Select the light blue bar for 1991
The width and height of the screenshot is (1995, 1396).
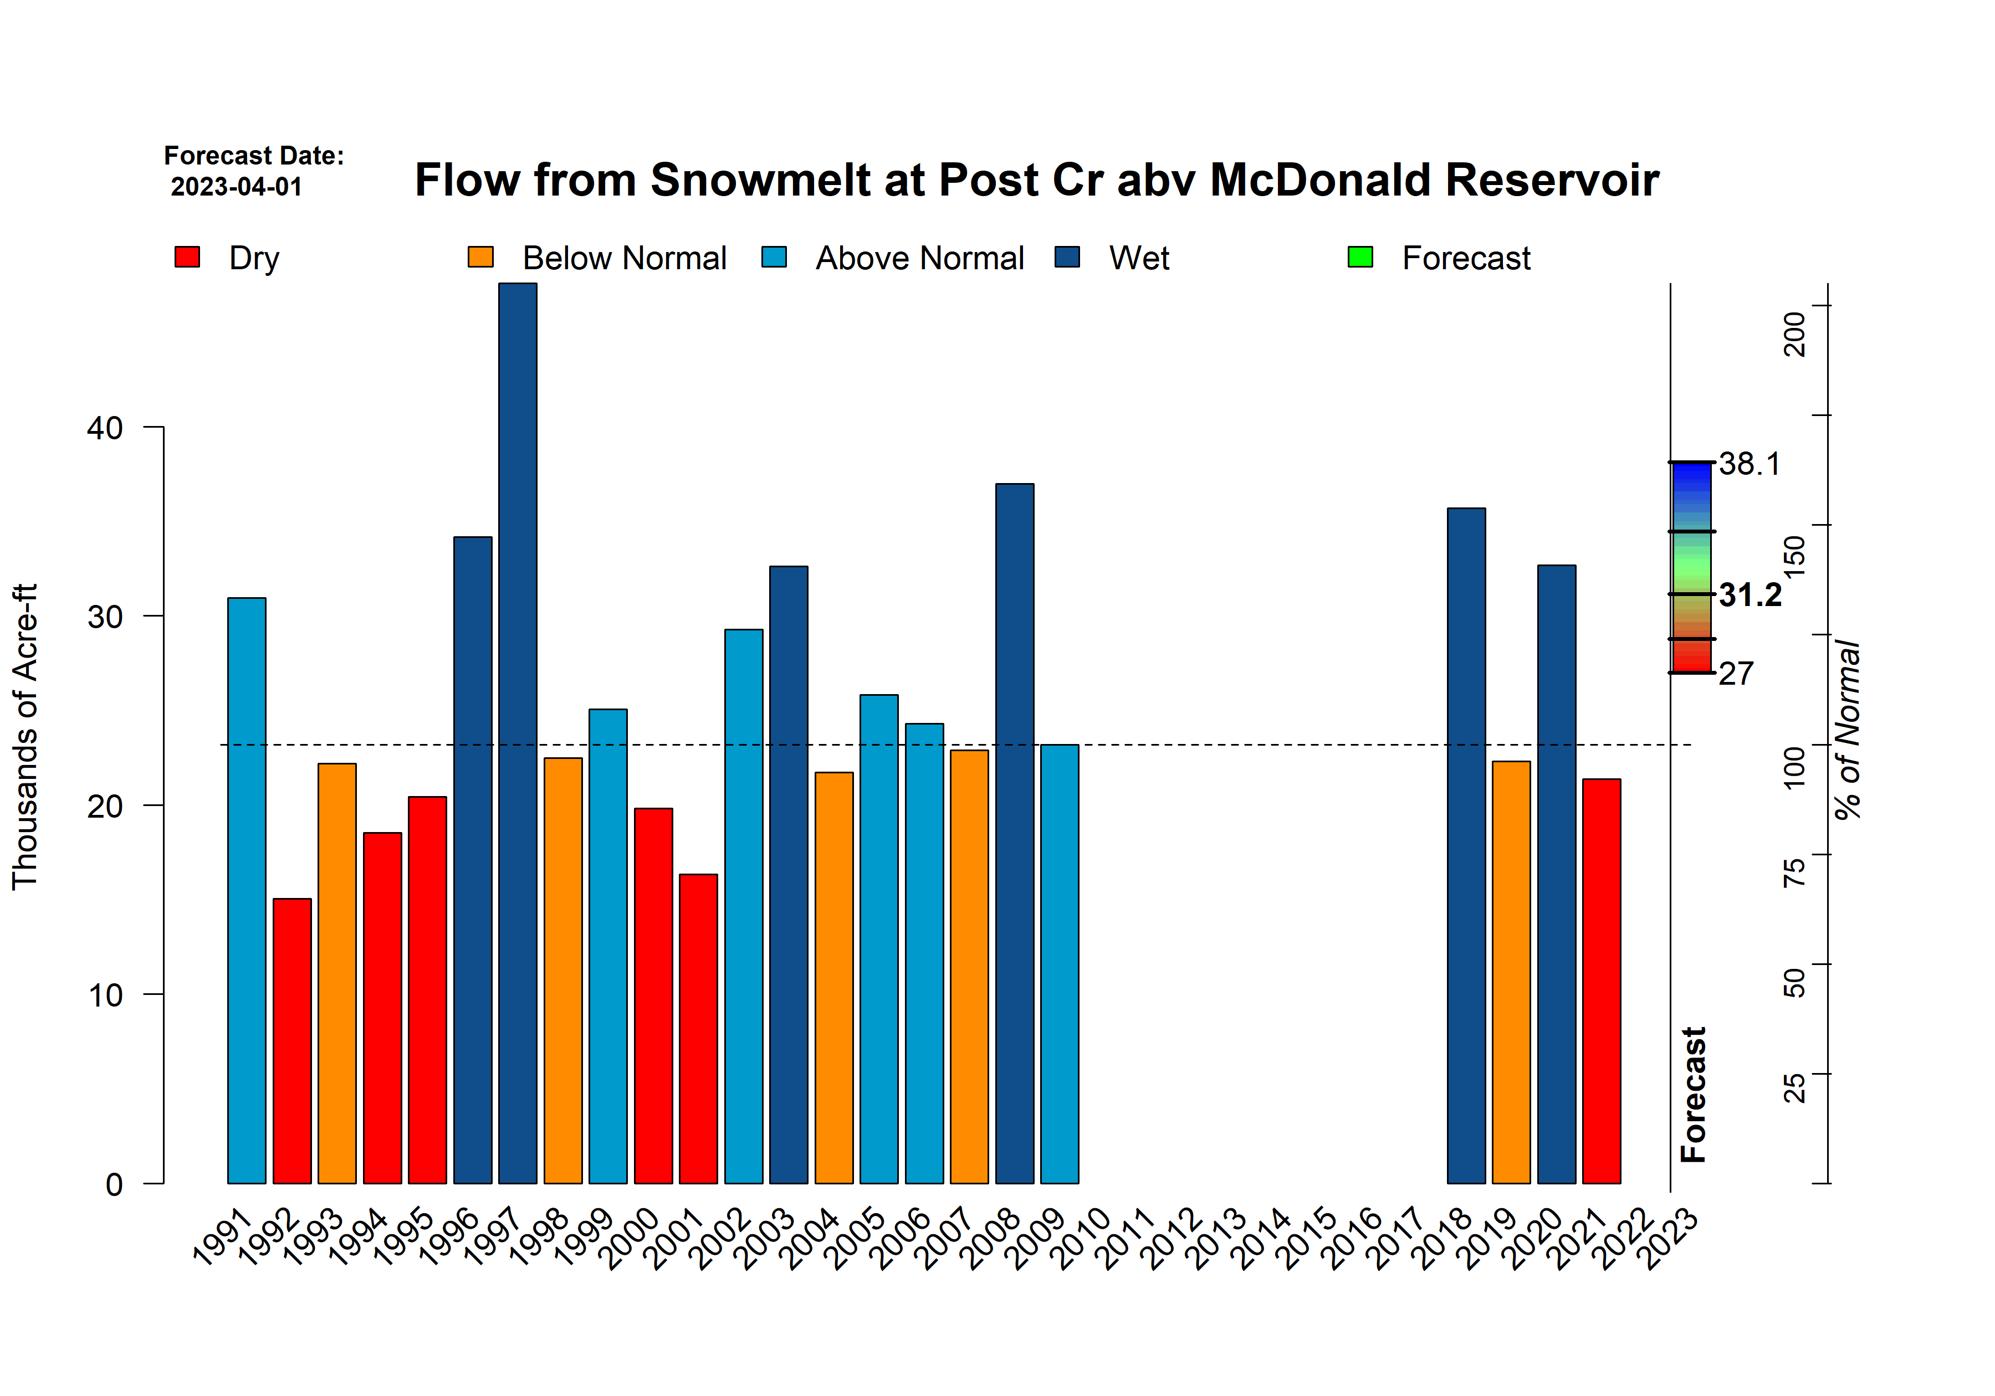(x=247, y=890)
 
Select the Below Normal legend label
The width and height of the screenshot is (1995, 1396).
(x=624, y=259)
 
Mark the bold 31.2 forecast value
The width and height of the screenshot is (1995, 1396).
(x=1749, y=595)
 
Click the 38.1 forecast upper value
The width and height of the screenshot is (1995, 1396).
(x=1749, y=464)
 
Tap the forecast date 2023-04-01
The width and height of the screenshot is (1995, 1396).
(x=236, y=187)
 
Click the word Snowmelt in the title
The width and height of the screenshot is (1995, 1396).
(x=759, y=180)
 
